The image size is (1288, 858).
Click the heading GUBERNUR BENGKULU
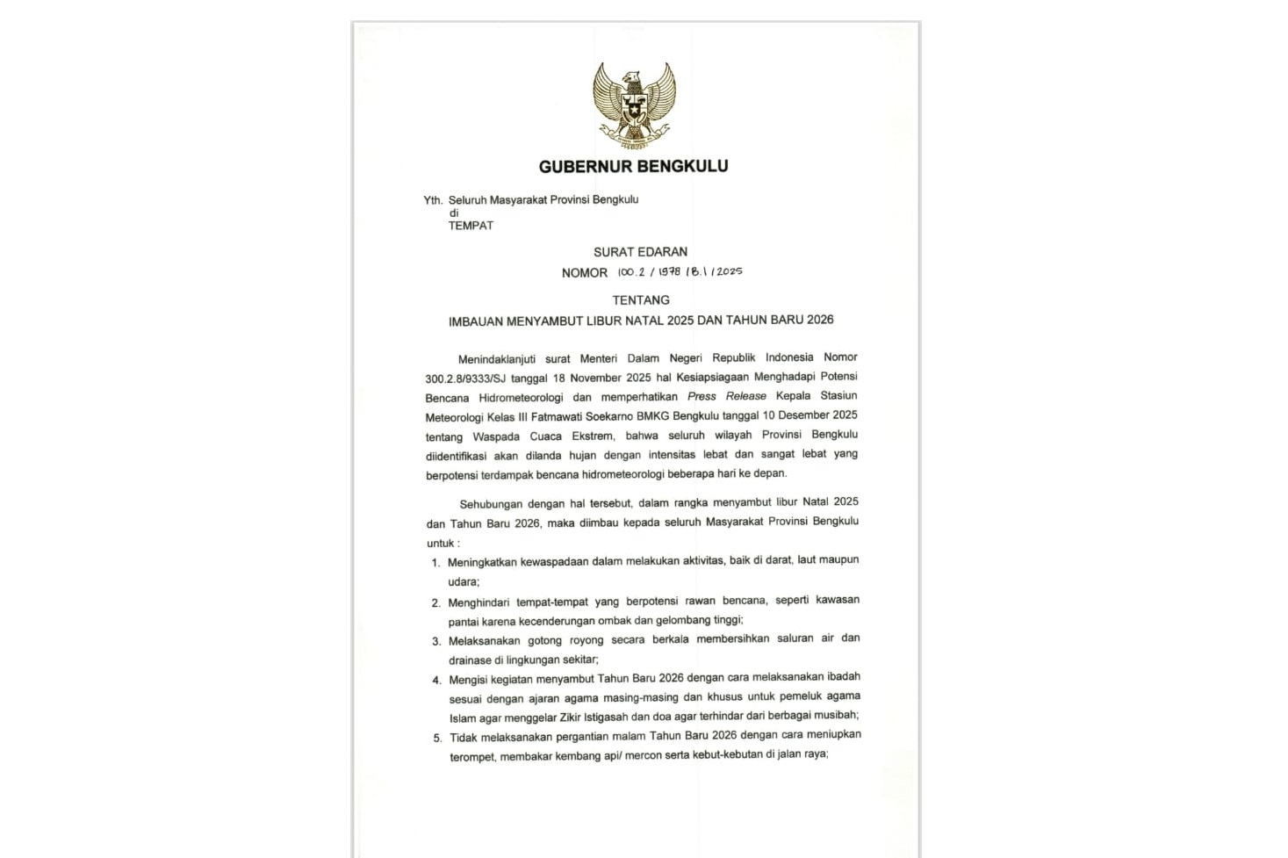pos(633,166)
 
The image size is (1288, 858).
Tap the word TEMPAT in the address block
pos(471,226)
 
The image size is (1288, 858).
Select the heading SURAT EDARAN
pos(640,252)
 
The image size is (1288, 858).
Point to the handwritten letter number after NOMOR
pos(680,272)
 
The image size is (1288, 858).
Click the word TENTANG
pos(641,300)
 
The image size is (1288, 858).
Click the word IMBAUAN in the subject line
pos(475,321)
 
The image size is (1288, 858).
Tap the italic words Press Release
pos(726,396)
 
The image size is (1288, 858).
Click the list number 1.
pos(435,563)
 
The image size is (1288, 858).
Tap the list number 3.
pos(436,641)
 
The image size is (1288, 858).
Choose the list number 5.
pos(437,738)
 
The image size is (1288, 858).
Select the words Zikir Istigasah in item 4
pos(594,717)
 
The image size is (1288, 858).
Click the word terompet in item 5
pos(472,756)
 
